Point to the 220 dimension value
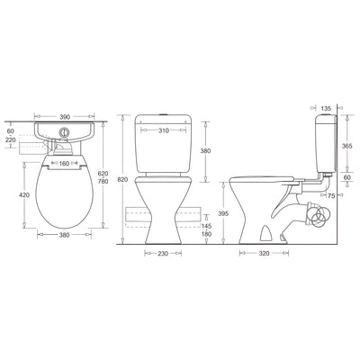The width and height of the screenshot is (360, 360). [11, 139]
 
